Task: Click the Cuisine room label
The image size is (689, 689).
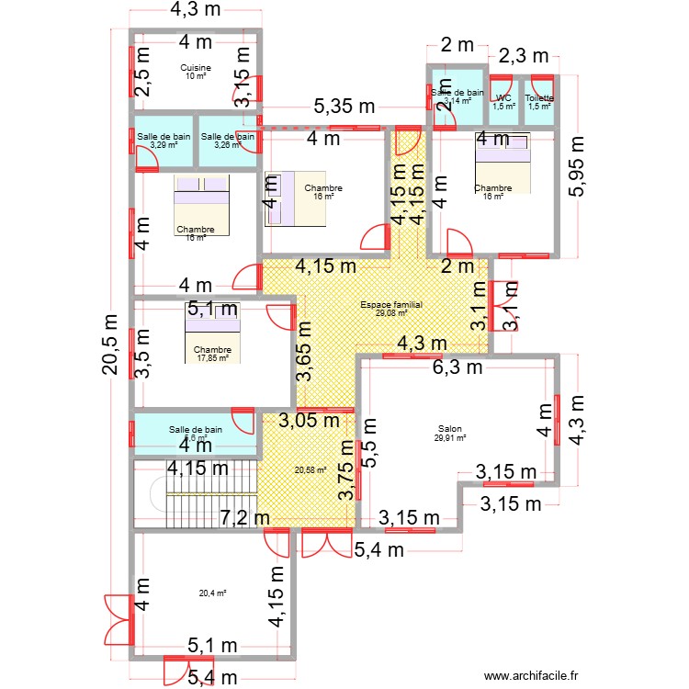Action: pyautogui.click(x=196, y=68)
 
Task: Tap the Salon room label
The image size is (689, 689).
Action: pyautogui.click(x=449, y=428)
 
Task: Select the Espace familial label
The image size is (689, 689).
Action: pyautogui.click(x=391, y=304)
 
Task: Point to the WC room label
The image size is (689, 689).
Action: pyautogui.click(x=503, y=98)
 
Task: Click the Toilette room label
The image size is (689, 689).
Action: pyautogui.click(x=539, y=98)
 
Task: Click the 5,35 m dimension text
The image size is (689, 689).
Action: pyautogui.click(x=344, y=107)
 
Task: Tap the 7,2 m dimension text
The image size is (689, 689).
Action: pyautogui.click(x=245, y=518)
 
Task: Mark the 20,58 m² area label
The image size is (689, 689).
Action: pyautogui.click(x=310, y=470)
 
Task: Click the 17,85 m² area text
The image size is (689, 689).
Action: pyautogui.click(x=212, y=358)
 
